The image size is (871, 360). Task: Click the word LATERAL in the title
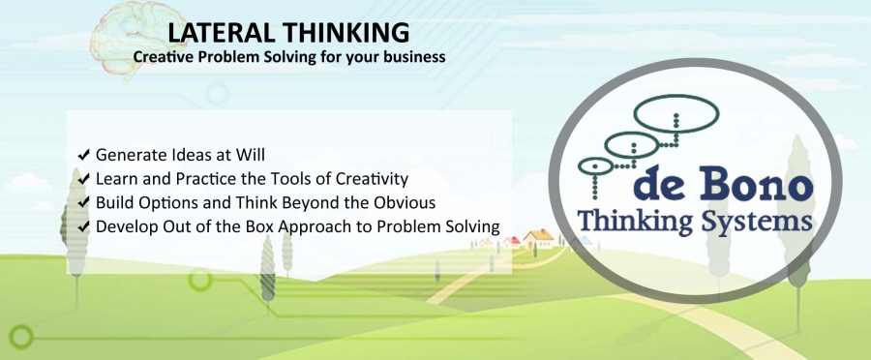point(221,33)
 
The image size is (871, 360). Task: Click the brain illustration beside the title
point(129,38)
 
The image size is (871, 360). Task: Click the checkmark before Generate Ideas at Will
point(84,155)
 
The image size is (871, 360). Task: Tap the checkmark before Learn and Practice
point(84,179)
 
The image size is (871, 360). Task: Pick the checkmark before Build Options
point(84,203)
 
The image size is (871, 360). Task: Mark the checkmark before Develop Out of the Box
point(84,226)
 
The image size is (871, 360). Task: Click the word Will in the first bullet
point(253,155)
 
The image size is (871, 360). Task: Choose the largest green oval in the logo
point(676,113)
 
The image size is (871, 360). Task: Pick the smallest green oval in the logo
point(595,165)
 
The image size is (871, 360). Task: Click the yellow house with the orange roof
point(538,239)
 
